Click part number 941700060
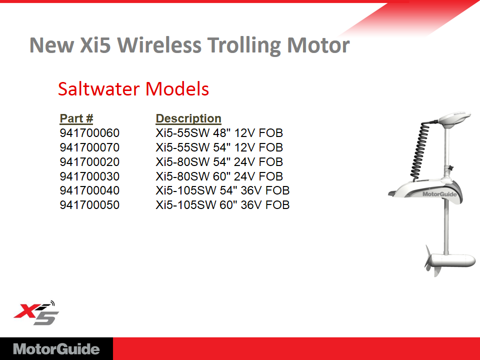pos(89,133)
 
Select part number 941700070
pos(89,147)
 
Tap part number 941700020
pos(89,162)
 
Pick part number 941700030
pos(89,176)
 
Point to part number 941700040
pos(89,190)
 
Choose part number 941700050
pos(89,205)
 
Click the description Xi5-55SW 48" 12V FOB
pos(219,133)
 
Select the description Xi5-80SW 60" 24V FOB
pos(219,176)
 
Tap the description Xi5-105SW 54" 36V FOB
pos(222,190)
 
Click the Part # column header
pos(76,118)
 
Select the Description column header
pos(188,118)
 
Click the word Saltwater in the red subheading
pos(99,89)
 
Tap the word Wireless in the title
pos(159,45)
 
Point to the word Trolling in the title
pos(244,46)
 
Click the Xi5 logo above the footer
pos(36,313)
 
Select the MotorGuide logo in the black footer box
pos(56,349)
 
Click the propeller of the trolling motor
pos(431,260)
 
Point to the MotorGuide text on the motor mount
pos(439,194)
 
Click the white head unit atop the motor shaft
pos(454,118)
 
